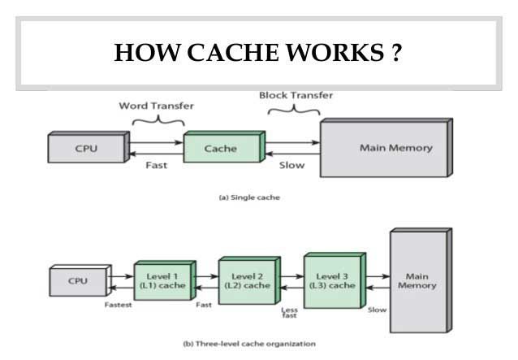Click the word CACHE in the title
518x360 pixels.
click(233, 53)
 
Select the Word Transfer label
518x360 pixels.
click(156, 106)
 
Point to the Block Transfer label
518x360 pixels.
click(296, 95)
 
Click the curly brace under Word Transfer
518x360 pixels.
click(158, 119)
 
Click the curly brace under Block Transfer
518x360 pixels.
click(294, 109)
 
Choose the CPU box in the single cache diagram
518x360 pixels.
click(88, 147)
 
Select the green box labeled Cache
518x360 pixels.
click(224, 146)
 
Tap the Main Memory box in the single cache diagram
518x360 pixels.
click(386, 147)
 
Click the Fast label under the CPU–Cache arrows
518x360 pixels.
click(156, 165)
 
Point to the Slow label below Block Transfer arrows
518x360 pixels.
click(291, 165)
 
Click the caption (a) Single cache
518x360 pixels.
click(249, 197)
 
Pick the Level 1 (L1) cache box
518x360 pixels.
click(165, 280)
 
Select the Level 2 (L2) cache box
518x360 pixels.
click(250, 280)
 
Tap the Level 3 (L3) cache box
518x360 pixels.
click(335, 280)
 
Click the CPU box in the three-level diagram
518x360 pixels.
click(80, 280)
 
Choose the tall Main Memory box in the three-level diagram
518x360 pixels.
click(421, 280)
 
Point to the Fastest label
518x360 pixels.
click(118, 305)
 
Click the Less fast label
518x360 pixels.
click(289, 312)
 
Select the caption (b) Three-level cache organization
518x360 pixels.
click(249, 344)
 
